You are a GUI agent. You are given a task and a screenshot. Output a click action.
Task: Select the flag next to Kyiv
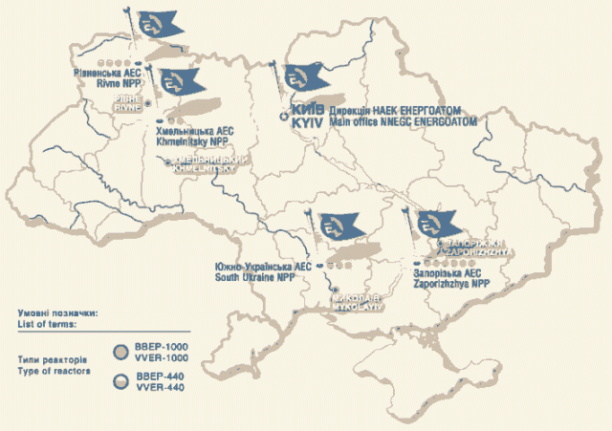pos(303,75)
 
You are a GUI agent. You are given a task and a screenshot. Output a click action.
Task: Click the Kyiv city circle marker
pos(283,116)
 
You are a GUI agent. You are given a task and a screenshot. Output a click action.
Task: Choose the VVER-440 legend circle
pos(121,381)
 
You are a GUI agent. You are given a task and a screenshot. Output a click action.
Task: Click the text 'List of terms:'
pos(49,323)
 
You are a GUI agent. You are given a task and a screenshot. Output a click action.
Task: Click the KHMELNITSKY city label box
pos(207,164)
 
